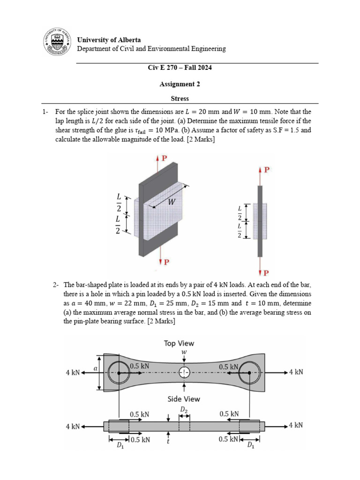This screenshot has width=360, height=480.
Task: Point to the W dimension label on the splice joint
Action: tap(172, 202)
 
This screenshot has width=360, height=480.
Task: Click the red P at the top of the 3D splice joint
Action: tap(165, 158)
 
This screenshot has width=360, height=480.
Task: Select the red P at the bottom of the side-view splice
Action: tap(266, 272)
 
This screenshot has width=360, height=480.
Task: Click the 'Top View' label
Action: tap(179, 344)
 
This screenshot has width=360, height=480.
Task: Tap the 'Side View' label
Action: tap(184, 399)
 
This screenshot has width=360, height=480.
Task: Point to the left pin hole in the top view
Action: tap(119, 373)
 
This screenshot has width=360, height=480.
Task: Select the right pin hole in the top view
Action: tap(249, 373)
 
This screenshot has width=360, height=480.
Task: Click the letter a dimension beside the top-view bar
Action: tap(96, 369)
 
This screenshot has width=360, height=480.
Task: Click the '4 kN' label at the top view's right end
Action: tap(296, 373)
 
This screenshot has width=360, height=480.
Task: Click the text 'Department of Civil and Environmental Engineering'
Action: tap(151, 49)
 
